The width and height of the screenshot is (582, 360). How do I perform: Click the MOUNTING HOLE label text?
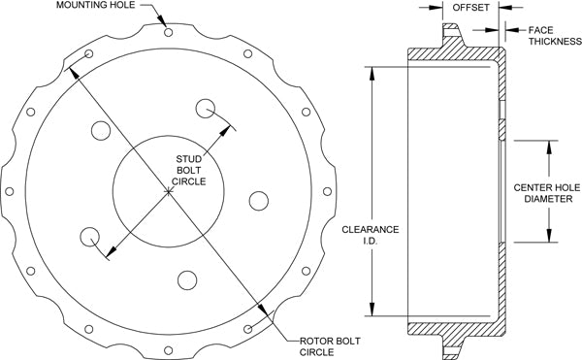pyautogui.click(x=96, y=5)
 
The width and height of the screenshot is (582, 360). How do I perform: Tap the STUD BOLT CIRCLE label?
pyautogui.click(x=188, y=171)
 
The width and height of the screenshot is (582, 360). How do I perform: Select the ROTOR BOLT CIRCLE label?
pyautogui.click(x=330, y=346)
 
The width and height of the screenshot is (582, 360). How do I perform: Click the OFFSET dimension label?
pyautogui.click(x=470, y=8)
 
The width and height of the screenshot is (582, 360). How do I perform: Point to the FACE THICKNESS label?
pyautogui.click(x=555, y=36)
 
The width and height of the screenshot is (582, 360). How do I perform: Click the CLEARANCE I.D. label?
pyautogui.click(x=371, y=235)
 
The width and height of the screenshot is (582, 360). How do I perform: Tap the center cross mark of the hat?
pyautogui.click(x=169, y=191)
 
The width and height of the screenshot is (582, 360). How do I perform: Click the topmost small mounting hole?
pyautogui.click(x=169, y=32)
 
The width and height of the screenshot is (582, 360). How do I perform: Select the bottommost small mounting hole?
pyautogui.click(x=169, y=350)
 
